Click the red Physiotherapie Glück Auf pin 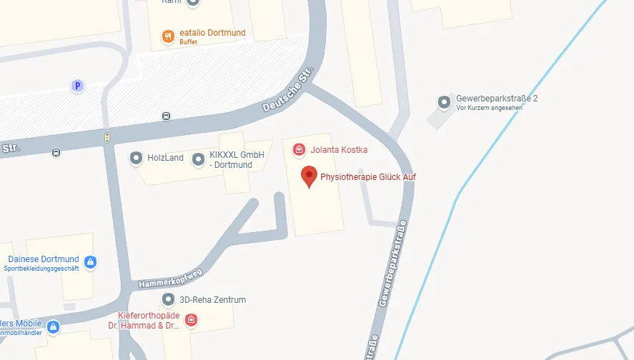tap(308, 175)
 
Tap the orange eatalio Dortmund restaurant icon tap(168, 36)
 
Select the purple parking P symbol tap(77, 86)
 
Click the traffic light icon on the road tap(107, 137)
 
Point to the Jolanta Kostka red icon tap(299, 149)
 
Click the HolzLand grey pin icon tap(136, 158)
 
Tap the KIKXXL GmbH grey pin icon tap(198, 159)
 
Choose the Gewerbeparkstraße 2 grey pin tap(444, 102)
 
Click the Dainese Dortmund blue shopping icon tap(90, 262)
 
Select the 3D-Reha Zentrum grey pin tap(168, 299)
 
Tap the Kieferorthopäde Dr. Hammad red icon tap(191, 320)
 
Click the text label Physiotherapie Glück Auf tap(368, 176)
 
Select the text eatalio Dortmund tap(212, 33)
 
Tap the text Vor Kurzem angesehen tap(490, 108)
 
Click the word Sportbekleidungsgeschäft tap(41, 269)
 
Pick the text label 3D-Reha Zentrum tap(213, 300)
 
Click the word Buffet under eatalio tap(189, 42)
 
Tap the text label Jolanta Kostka tap(340, 150)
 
